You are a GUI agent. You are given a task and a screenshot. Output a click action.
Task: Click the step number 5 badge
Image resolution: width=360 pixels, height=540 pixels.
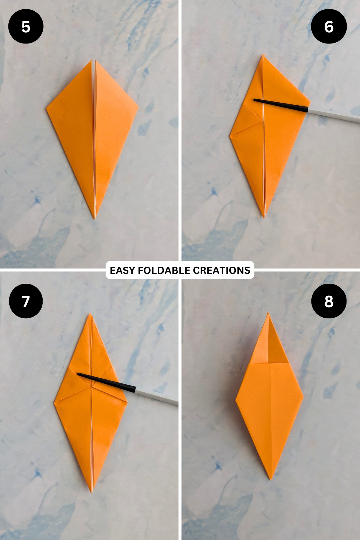pyautogui.click(x=26, y=26)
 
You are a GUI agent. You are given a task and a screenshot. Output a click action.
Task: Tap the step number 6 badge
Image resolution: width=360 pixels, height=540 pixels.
pyautogui.click(x=329, y=26)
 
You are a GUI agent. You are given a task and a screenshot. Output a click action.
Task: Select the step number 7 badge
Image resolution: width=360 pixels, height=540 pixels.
pyautogui.click(x=26, y=301)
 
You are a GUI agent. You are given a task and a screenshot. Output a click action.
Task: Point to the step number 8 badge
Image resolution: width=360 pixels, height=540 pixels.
pyautogui.click(x=329, y=301)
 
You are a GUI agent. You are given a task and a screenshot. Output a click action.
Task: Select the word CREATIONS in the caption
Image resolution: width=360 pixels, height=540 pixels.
pyautogui.click(x=221, y=270)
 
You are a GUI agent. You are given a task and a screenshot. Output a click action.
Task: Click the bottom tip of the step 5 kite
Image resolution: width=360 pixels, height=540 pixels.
pyautogui.click(x=95, y=218)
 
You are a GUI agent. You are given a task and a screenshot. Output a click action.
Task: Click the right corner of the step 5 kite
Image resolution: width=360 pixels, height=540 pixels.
pyautogui.click(x=138, y=106)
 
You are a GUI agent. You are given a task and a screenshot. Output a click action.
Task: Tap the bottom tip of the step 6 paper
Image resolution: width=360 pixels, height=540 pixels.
pyautogui.click(x=265, y=217)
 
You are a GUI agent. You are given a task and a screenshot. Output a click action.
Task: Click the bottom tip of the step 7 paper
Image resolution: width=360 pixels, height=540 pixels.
pyautogui.click(x=92, y=492)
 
